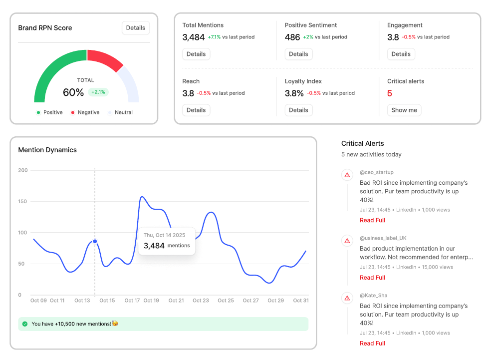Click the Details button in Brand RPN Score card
(x=135, y=28)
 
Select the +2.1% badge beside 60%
(x=98, y=92)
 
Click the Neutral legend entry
(x=120, y=112)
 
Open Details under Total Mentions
(x=196, y=54)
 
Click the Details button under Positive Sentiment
(x=298, y=54)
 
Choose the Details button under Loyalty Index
(x=298, y=110)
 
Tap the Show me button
(x=404, y=110)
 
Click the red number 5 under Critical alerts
(x=390, y=93)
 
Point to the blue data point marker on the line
(x=95, y=241)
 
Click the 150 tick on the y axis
(x=22, y=202)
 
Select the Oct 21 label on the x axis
(x=176, y=301)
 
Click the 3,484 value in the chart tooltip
(x=154, y=246)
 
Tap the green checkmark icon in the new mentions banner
(x=25, y=324)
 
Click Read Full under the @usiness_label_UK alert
(x=372, y=278)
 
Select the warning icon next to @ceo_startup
(x=347, y=175)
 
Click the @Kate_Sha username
(x=373, y=295)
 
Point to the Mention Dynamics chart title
(x=47, y=150)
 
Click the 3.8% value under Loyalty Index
(x=294, y=93)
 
